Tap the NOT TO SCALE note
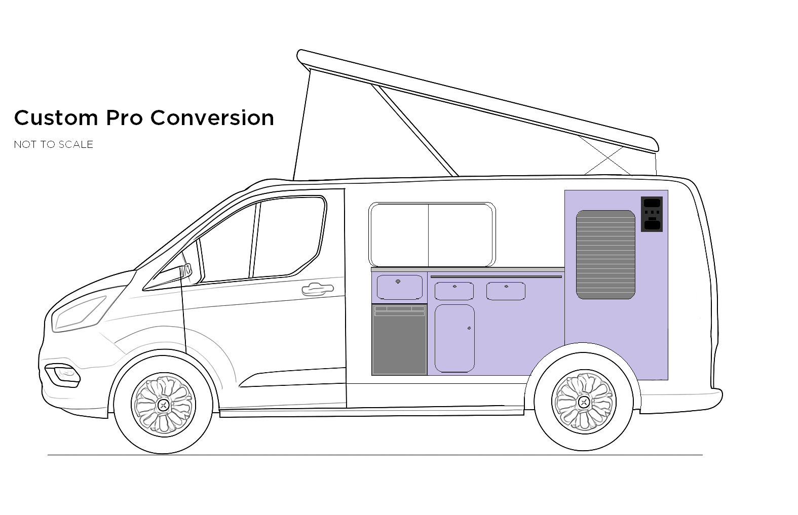pos(53,144)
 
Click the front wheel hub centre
pos(163,404)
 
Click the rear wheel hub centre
pos(583,402)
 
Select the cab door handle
pos(317,289)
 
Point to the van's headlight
pos(79,312)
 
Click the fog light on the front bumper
pos(63,374)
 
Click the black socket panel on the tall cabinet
pos(652,214)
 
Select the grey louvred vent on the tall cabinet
pos(605,254)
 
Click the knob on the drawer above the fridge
pos(398,282)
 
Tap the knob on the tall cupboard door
pos(469,329)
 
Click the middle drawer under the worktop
pos(454,292)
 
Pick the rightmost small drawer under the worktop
pos(506,292)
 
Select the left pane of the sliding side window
pos(399,234)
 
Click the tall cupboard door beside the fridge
pos(454,338)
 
